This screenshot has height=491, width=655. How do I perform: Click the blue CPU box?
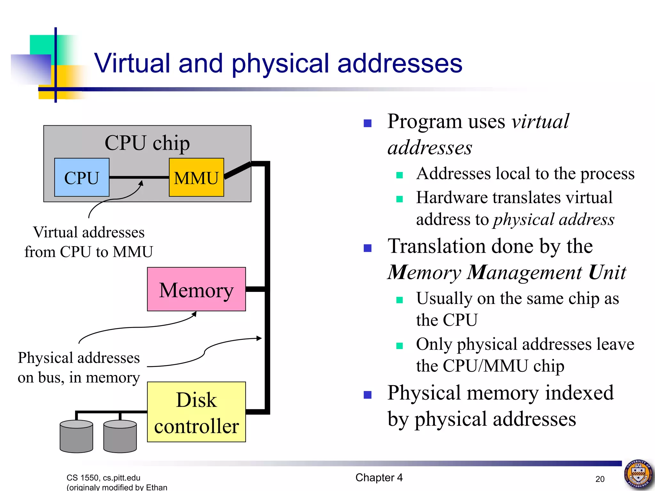[x=82, y=177]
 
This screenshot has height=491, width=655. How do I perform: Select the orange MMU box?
[x=196, y=177]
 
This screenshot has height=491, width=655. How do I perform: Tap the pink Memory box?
[x=196, y=289]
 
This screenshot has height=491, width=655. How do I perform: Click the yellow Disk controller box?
[x=196, y=412]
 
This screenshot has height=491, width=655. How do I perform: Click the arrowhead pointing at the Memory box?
[x=194, y=314]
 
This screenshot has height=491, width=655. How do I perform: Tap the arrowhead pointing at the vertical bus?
[x=259, y=338]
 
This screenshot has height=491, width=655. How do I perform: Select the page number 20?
[x=600, y=479]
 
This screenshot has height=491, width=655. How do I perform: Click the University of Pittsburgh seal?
[x=638, y=474]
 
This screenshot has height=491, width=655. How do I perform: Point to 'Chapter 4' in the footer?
[x=379, y=478]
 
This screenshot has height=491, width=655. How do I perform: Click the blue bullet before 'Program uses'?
[x=367, y=123]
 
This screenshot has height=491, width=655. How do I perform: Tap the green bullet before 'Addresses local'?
[x=399, y=175]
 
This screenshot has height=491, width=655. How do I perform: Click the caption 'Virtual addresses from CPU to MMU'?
[x=89, y=242]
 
